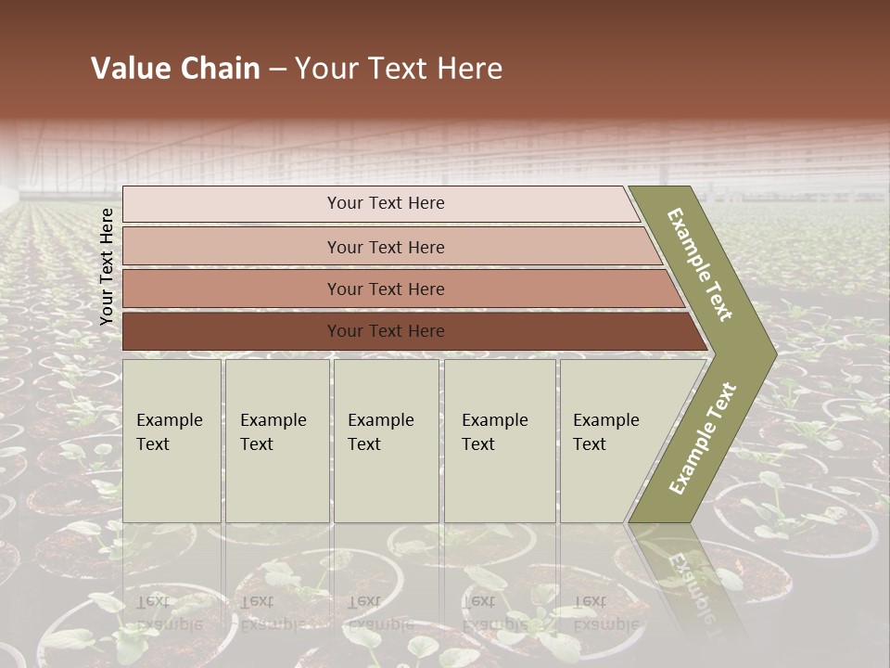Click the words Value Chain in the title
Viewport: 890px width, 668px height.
[x=175, y=69]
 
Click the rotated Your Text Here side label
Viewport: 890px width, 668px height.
[x=107, y=266]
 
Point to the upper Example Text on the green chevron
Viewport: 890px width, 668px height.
[x=700, y=265]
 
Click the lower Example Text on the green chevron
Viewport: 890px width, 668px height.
[x=703, y=439]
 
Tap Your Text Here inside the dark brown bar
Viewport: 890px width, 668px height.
[x=386, y=331]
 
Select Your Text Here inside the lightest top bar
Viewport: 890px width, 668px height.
[x=386, y=203]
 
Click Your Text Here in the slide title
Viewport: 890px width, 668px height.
[x=399, y=69]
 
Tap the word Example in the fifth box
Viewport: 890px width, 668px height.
[x=605, y=420]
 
